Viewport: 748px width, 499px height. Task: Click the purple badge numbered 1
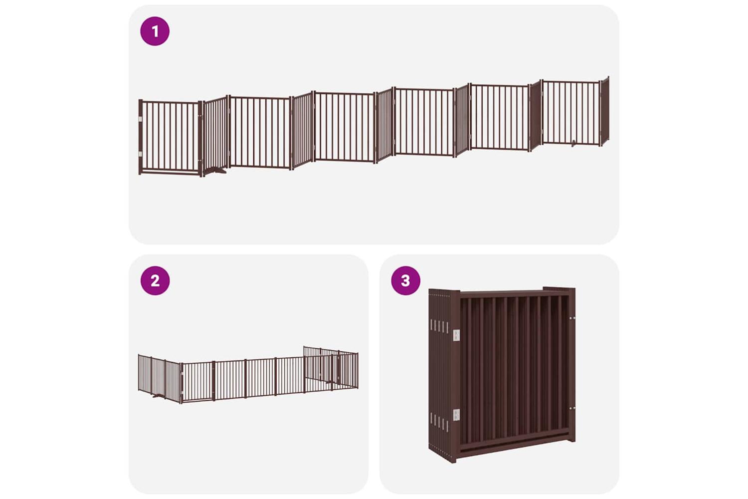155,31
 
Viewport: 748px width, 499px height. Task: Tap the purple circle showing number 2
155,280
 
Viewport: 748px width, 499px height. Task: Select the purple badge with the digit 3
406,280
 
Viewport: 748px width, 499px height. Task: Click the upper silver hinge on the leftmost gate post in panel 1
141,119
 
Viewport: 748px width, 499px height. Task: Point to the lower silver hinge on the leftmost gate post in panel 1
141,154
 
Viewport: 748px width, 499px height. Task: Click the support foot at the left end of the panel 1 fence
215,171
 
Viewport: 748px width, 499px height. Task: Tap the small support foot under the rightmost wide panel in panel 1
573,144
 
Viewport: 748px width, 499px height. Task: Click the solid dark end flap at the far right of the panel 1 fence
605,111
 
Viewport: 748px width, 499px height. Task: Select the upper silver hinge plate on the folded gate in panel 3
456,335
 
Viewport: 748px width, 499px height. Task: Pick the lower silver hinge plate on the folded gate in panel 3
456,415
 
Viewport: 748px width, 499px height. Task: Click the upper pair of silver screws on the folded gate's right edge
571,318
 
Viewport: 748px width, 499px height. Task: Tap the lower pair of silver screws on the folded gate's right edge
571,408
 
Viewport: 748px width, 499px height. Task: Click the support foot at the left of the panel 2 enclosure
158,396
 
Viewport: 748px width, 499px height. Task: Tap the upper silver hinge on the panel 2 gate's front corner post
182,375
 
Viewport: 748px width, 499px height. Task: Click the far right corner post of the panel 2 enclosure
358,371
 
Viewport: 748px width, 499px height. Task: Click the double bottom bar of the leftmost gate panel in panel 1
171,172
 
